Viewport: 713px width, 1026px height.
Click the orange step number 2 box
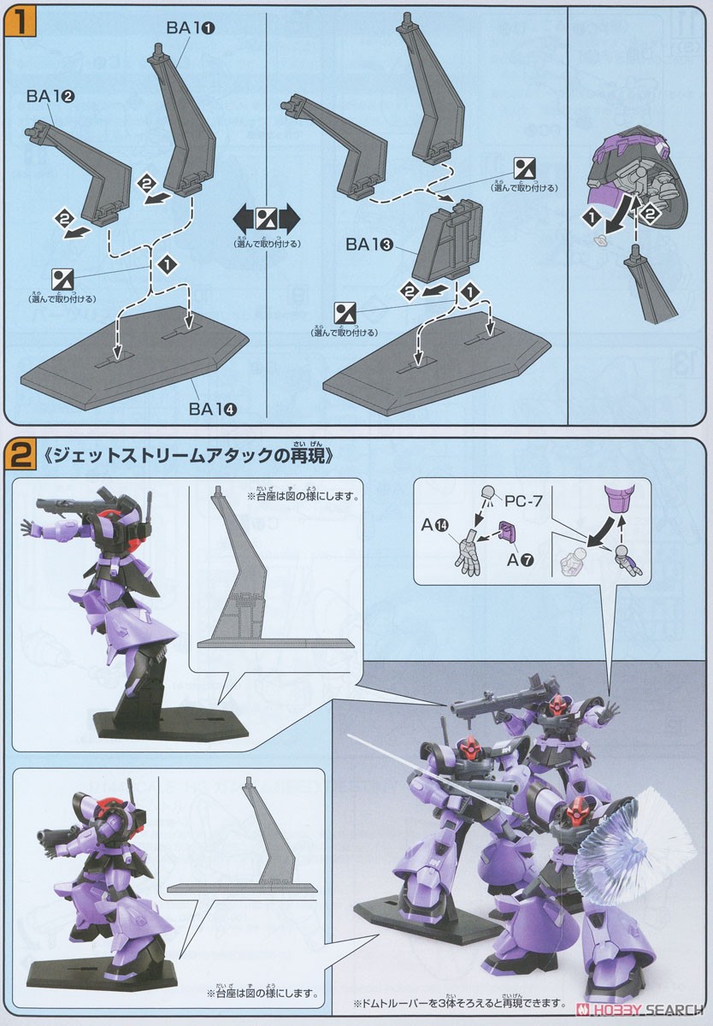[19, 455]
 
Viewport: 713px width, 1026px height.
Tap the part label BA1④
[213, 408]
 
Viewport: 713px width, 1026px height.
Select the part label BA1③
[369, 244]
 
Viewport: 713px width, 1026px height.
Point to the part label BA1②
[50, 97]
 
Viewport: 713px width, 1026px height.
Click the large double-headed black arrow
[267, 217]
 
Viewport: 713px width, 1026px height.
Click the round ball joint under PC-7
[488, 494]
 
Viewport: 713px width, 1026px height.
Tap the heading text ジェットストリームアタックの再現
[188, 456]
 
